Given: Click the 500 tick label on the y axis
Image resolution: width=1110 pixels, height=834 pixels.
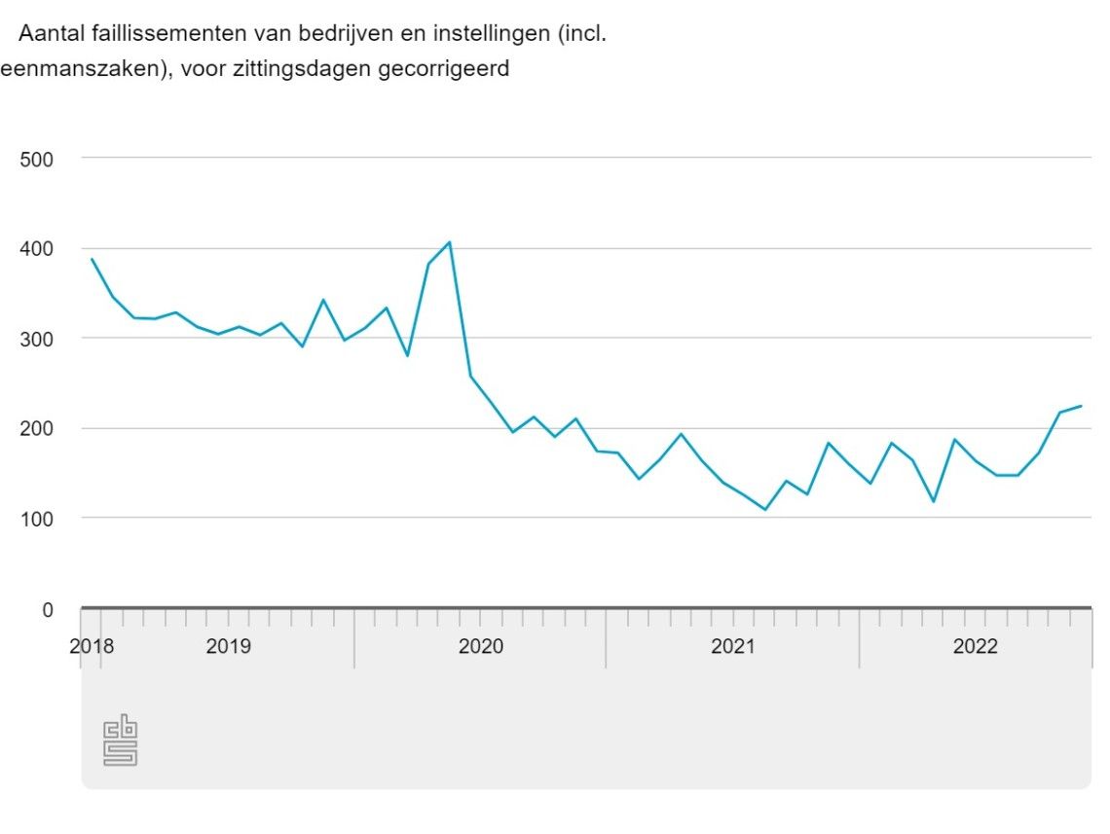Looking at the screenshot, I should point(38,160).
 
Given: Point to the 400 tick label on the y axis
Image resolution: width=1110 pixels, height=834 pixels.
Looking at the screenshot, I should point(38,250).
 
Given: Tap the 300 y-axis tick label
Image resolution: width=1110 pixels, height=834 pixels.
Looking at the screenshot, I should point(38,340).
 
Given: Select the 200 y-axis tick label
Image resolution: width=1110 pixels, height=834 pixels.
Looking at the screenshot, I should point(38,429).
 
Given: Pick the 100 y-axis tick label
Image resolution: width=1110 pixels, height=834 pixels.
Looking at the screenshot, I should point(38,520).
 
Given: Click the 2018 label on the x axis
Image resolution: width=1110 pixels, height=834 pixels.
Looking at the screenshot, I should point(92,646).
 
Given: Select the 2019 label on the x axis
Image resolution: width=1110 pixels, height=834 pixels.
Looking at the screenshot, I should point(228,646).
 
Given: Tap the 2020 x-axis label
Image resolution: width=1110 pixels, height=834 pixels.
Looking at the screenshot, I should point(480,646).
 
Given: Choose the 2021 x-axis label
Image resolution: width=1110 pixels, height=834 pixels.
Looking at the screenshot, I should point(732,646).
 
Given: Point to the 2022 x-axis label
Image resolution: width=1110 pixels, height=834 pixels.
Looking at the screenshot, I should point(976,646).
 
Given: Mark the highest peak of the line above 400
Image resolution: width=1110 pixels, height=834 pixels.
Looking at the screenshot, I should point(449,241).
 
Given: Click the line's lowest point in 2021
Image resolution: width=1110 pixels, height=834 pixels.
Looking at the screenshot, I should point(765,509).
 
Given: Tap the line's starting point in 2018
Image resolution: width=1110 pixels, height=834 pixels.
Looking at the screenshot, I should point(92,259).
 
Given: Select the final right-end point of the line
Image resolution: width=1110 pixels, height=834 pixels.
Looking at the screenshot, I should point(1082,406).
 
